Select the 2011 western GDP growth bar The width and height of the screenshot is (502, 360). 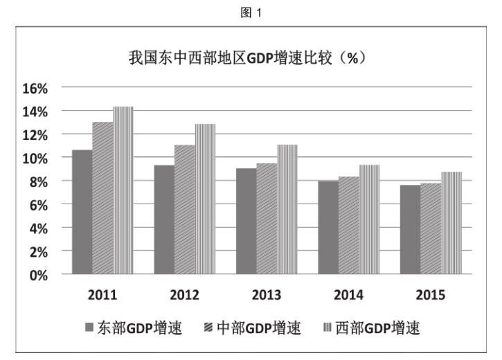[123, 190]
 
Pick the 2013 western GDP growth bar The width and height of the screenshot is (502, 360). [287, 210]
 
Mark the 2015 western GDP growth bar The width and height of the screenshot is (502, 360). [451, 223]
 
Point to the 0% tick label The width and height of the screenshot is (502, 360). [38, 274]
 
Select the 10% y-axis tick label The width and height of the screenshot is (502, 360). [35, 158]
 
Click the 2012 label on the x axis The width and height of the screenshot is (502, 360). [184, 295]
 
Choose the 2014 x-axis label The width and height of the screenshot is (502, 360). [348, 295]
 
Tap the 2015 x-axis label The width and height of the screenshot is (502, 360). [430, 295]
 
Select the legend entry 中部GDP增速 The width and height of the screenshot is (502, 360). [253, 327]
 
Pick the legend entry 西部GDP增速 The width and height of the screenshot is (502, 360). [372, 327]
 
